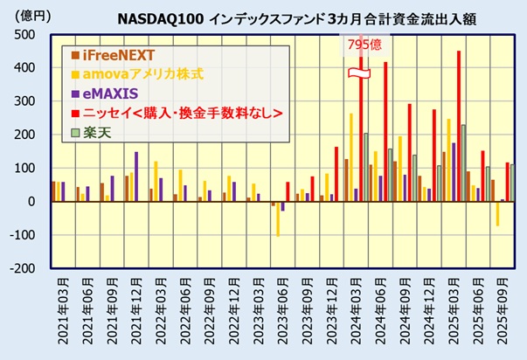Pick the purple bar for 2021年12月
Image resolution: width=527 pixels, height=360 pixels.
135,177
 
